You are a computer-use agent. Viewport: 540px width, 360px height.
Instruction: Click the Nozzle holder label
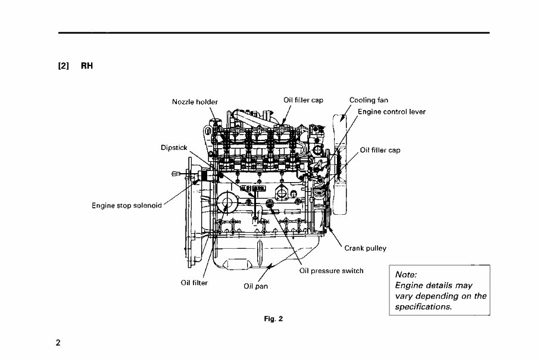pos(195,102)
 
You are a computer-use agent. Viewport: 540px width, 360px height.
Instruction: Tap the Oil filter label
pos(193,283)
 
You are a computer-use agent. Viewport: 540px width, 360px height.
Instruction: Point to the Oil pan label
pos(256,286)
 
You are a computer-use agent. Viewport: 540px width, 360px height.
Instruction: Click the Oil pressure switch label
pos(331,271)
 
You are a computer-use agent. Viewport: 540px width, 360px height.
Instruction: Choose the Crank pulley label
pos(366,248)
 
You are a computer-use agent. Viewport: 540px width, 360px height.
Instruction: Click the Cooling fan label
pos(369,101)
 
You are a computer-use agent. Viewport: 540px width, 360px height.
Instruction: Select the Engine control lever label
pos(392,111)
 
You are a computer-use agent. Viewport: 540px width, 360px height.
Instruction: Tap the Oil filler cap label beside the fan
pos(380,150)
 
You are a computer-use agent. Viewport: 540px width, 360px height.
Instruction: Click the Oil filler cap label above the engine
pos(303,101)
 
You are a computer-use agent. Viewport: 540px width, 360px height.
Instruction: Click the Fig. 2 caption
pos(273,318)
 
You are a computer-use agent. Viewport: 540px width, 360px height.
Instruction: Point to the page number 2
pos(58,343)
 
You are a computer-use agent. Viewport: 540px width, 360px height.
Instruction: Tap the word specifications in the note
pos(423,307)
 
